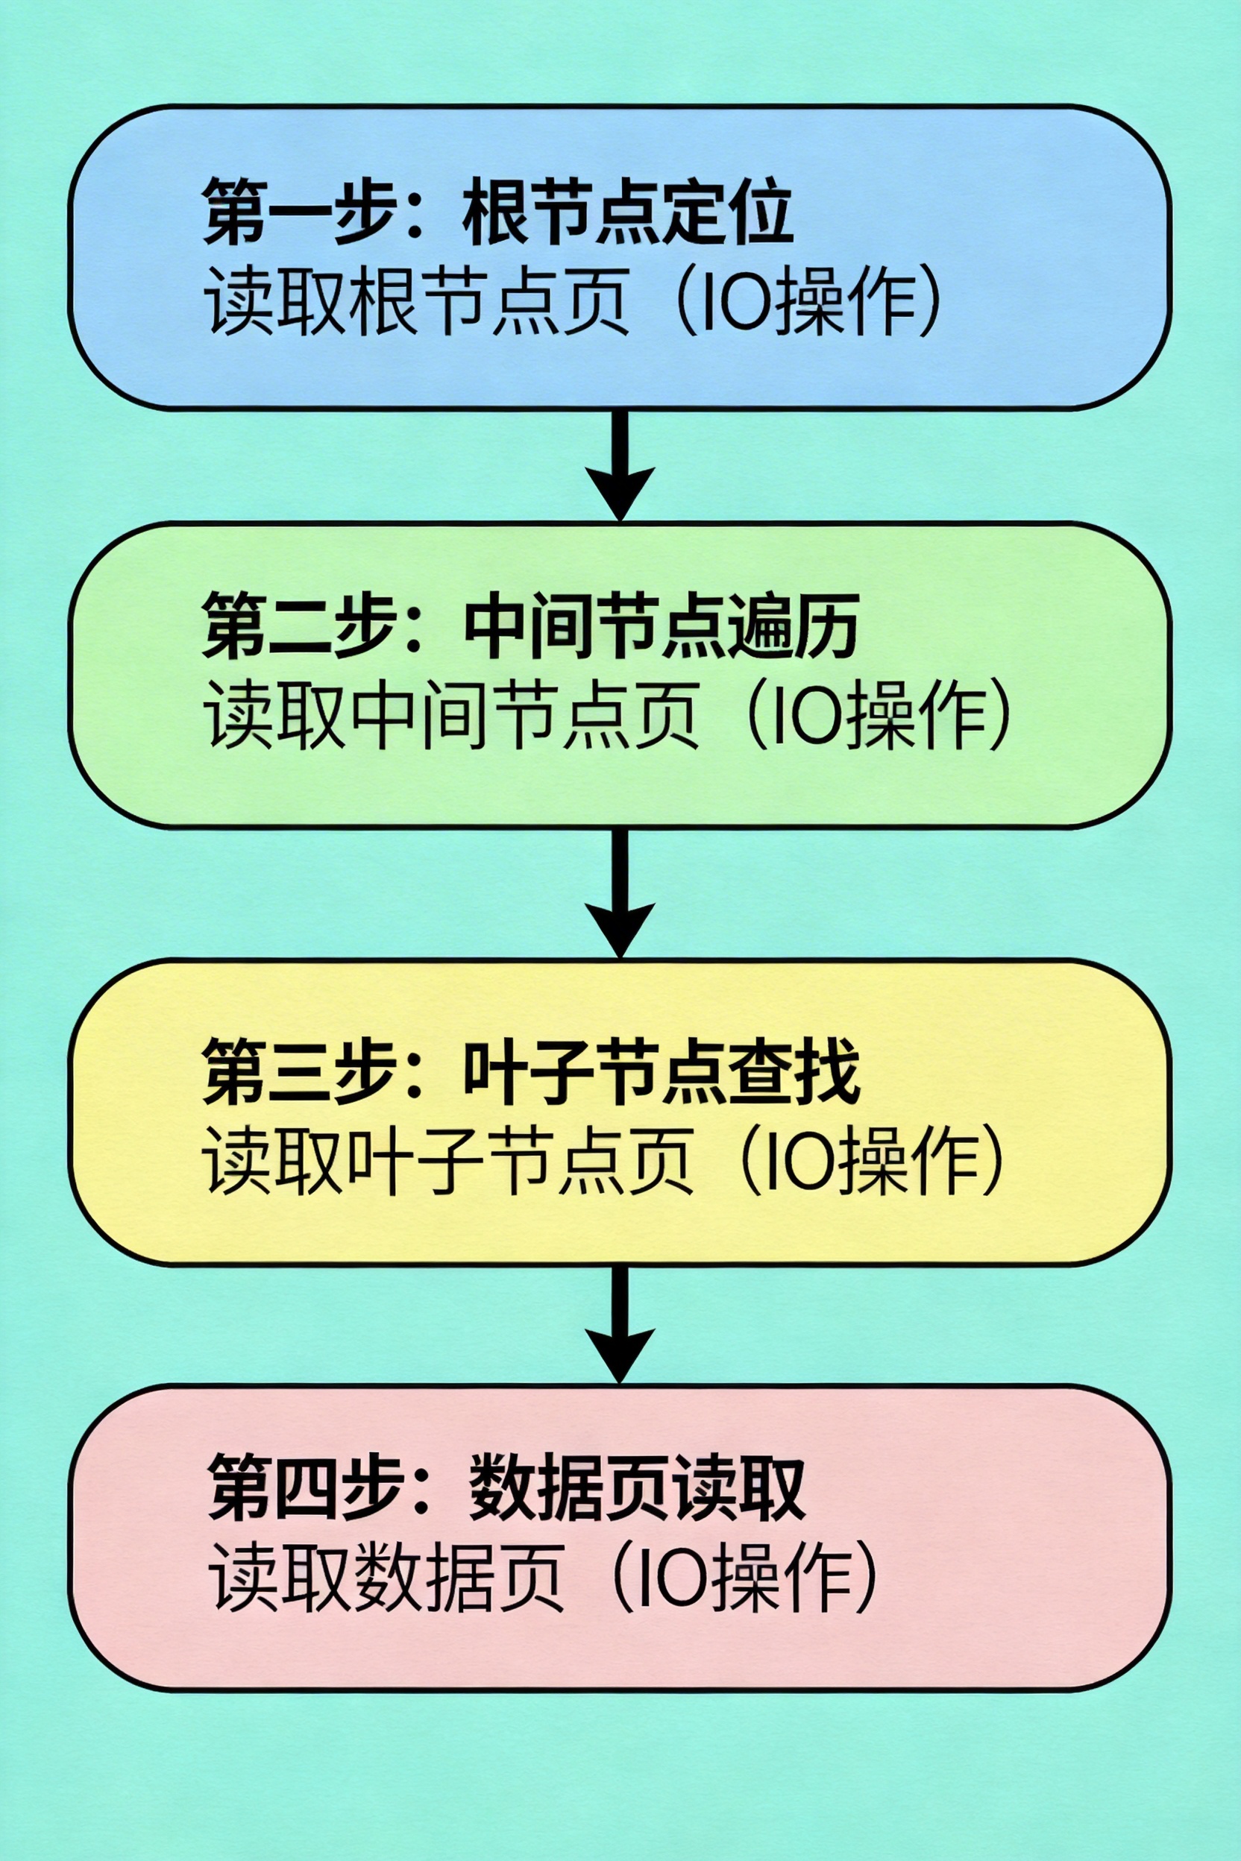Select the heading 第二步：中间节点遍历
click(530, 626)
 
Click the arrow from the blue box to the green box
click(620, 467)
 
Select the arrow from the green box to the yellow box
click(620, 894)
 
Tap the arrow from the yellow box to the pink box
click(620, 1326)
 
